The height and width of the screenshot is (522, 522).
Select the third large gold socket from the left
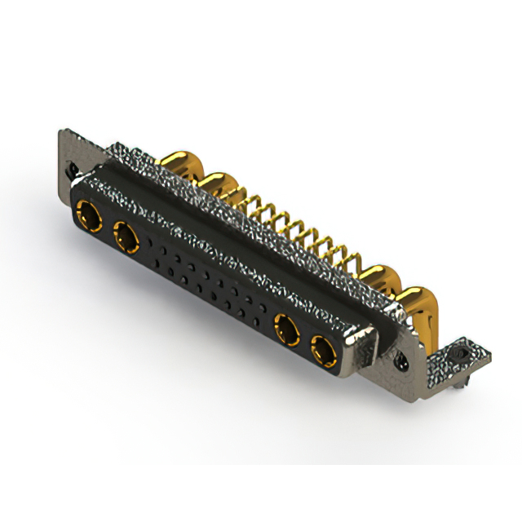[286, 332]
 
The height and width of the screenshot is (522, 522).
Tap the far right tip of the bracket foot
[490, 352]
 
